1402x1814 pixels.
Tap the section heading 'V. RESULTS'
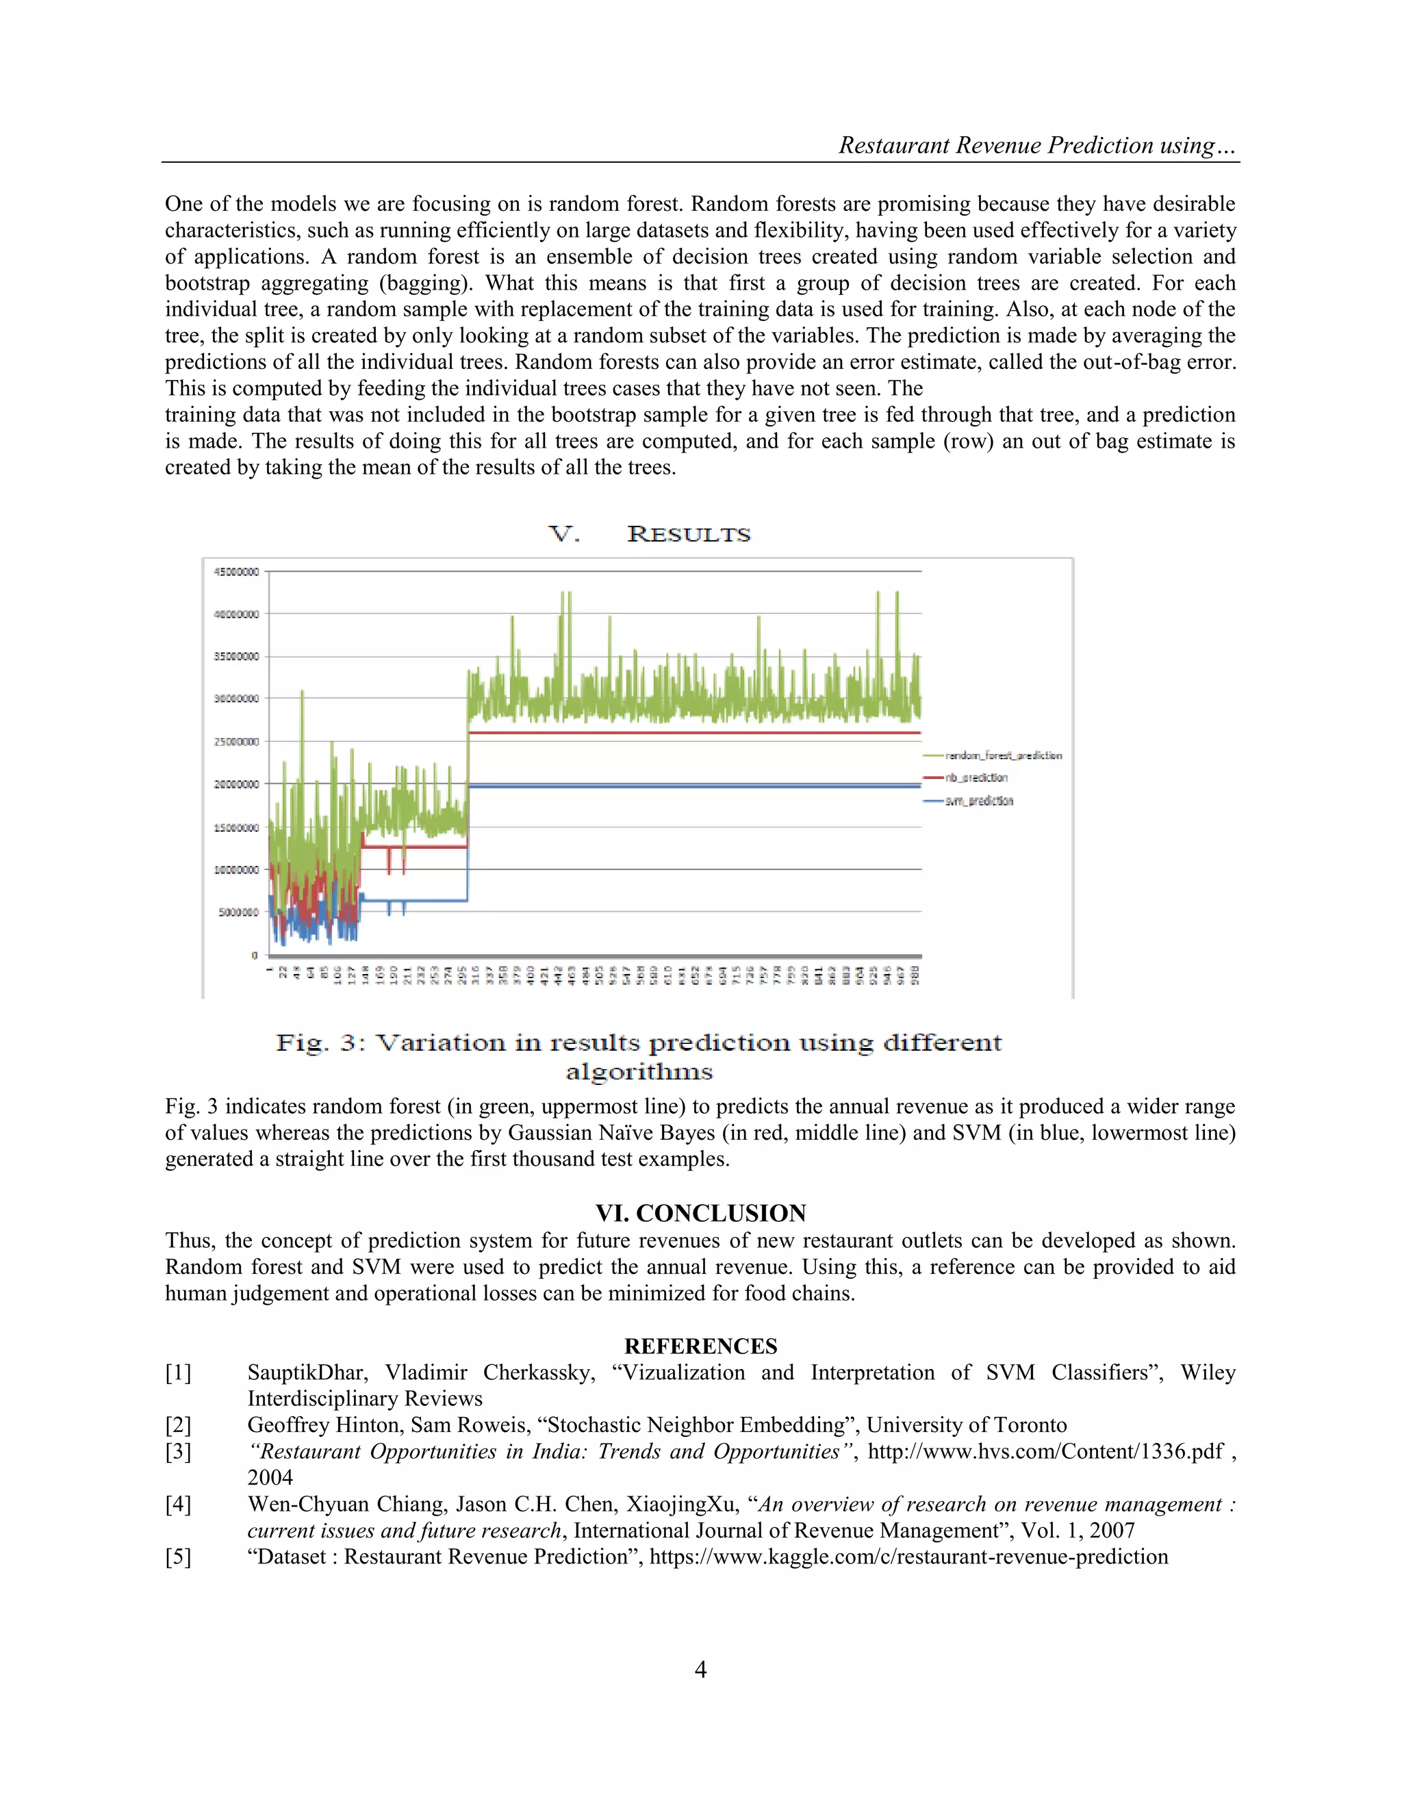pyautogui.click(x=650, y=534)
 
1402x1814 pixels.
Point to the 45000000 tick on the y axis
pyautogui.click(x=237, y=572)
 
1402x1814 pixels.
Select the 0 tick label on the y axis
pyautogui.click(x=254, y=955)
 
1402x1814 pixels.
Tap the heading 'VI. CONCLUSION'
pyautogui.click(x=700, y=1213)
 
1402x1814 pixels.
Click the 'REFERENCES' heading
pyautogui.click(x=700, y=1346)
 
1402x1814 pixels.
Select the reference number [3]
pyautogui.click(x=178, y=1451)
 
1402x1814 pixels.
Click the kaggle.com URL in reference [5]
pyautogui.click(x=908, y=1557)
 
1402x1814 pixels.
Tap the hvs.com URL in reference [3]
pyautogui.click(x=1045, y=1451)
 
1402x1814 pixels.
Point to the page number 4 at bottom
pyautogui.click(x=700, y=1670)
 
